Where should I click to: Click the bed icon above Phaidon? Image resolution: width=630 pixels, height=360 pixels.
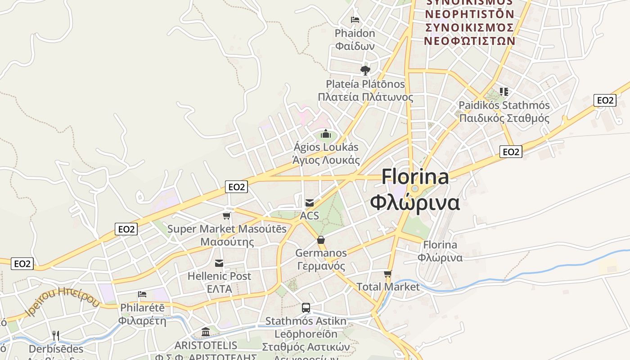pos(355,20)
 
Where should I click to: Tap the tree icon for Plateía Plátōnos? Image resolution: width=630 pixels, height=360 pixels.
pos(365,70)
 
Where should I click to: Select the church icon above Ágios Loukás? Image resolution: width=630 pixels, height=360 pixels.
pos(326,134)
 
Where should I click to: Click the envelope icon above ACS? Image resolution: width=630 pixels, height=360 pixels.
pos(310,202)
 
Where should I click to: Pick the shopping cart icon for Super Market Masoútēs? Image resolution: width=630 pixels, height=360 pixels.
pos(227,216)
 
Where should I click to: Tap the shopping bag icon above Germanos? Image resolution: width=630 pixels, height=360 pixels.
pos(321,240)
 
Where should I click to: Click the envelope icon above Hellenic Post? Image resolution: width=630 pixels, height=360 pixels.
pos(219,263)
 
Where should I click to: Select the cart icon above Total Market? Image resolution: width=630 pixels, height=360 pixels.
pos(387,274)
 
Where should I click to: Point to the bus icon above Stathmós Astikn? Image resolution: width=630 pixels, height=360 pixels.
pos(306,308)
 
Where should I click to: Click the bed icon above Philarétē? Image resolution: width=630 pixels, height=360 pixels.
pos(142,294)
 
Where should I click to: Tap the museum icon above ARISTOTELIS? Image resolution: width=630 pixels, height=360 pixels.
pos(206,332)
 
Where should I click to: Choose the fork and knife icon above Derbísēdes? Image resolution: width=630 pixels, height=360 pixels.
pos(56,335)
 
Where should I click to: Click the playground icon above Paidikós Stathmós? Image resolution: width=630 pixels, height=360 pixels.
pos(504,92)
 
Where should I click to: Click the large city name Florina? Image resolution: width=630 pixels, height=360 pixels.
pos(415,176)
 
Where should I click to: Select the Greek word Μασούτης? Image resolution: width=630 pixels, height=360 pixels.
pos(227,242)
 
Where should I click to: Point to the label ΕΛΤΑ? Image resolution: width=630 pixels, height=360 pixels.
pos(219,289)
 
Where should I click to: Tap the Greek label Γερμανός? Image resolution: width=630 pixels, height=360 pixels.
pos(321,266)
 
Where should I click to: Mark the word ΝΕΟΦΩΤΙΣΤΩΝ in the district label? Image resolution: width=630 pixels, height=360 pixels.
pos(470,40)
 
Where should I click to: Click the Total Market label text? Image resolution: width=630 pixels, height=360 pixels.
pos(387,287)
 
